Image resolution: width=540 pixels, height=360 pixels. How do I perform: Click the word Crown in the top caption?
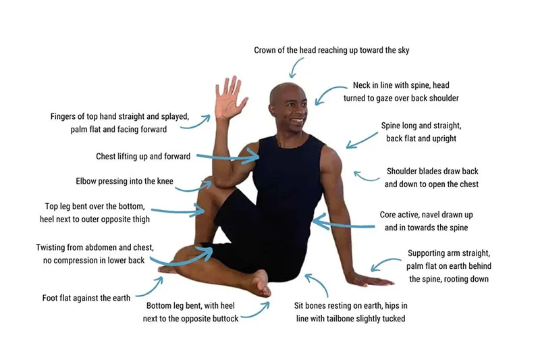click(x=264, y=50)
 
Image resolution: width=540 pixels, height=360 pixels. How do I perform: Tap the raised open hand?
click(x=229, y=99)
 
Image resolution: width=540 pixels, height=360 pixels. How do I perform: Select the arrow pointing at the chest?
click(x=227, y=158)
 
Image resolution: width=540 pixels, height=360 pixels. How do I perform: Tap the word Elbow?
click(x=86, y=181)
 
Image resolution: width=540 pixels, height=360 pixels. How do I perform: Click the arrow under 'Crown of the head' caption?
click(x=296, y=68)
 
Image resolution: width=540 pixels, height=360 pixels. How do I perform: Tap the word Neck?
click(x=361, y=85)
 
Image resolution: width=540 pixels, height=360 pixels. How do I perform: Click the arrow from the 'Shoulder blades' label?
click(x=367, y=176)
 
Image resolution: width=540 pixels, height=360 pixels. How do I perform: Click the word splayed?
click(x=174, y=117)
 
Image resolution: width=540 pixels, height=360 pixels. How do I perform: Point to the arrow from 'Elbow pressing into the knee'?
click(x=194, y=186)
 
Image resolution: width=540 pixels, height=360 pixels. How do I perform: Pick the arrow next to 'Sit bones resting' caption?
click(x=319, y=284)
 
